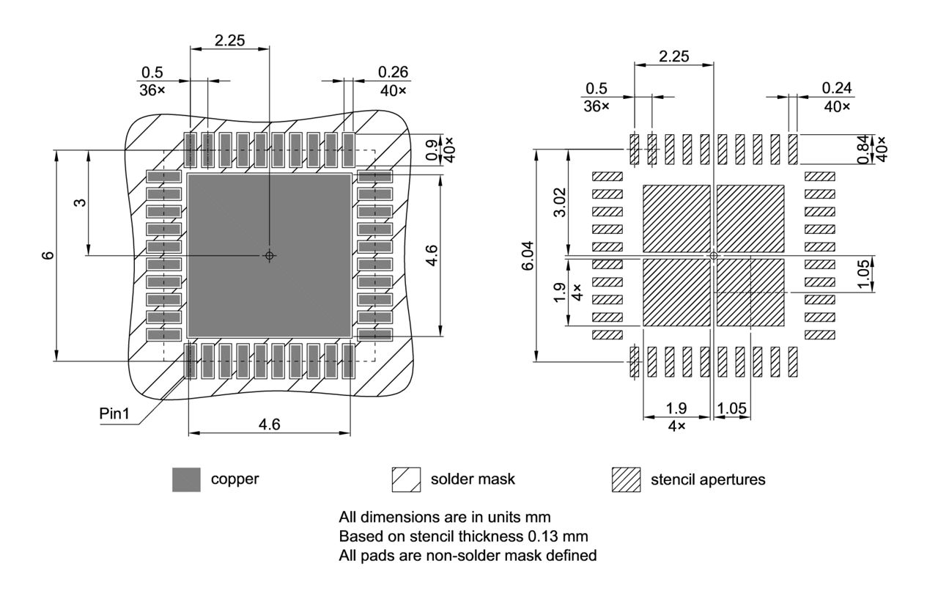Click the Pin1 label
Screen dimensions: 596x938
coord(114,413)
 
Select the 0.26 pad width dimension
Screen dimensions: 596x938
coord(393,72)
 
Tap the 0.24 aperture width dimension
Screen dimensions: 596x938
coord(836,87)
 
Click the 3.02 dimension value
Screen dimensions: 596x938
coord(559,202)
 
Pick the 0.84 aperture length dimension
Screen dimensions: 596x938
coord(863,150)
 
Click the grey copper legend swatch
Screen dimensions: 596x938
coord(186,479)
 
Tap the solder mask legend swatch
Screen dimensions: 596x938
coord(406,479)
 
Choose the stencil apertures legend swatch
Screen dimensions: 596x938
coord(626,479)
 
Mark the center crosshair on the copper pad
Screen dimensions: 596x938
coord(269,255)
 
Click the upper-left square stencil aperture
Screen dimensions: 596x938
coord(676,218)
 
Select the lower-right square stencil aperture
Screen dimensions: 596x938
coord(750,292)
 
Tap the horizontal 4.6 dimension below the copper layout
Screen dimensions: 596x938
coord(269,424)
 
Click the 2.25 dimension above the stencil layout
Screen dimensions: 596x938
coord(673,56)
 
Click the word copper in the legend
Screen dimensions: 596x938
coord(234,479)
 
